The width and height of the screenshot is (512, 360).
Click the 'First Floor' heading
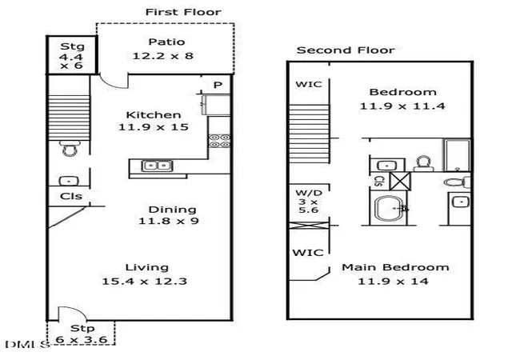pyautogui.click(x=183, y=12)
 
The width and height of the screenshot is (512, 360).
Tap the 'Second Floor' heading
pyautogui.click(x=346, y=50)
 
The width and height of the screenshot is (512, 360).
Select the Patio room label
pyautogui.click(x=166, y=42)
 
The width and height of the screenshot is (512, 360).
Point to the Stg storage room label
pyautogui.click(x=72, y=46)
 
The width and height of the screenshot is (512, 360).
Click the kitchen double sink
pyautogui.click(x=157, y=166)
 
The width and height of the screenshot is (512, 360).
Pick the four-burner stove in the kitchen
pyautogui.click(x=219, y=141)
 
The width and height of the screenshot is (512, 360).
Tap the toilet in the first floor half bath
pyautogui.click(x=70, y=148)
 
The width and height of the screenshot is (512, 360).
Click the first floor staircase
pyautogui.click(x=69, y=118)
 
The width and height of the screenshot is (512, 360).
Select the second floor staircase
pyautogui.click(x=309, y=134)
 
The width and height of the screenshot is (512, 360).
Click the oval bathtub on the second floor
pyautogui.click(x=389, y=209)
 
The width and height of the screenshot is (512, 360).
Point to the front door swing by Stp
pyautogui.click(x=73, y=313)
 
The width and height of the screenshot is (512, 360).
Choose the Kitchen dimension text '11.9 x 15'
pyautogui.click(x=153, y=127)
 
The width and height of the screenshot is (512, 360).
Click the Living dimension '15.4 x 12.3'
pyautogui.click(x=144, y=282)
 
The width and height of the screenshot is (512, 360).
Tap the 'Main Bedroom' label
pyautogui.click(x=395, y=267)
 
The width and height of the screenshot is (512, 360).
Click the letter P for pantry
pyautogui.click(x=218, y=86)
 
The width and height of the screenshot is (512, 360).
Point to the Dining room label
pyautogui.click(x=173, y=210)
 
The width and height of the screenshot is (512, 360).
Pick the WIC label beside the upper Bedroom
pyautogui.click(x=309, y=84)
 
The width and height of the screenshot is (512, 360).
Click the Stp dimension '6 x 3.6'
pyautogui.click(x=82, y=340)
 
